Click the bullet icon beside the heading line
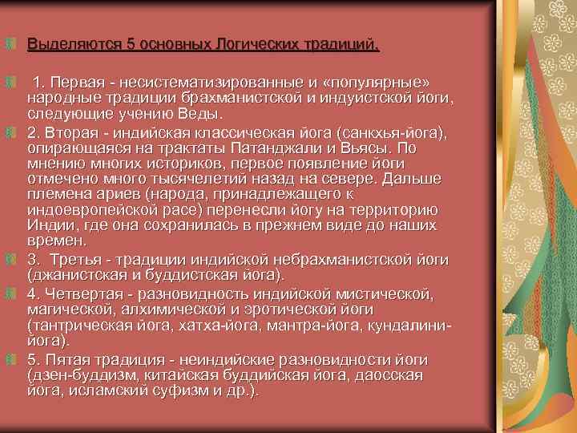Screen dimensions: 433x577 pyautogui.click(x=11, y=42)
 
